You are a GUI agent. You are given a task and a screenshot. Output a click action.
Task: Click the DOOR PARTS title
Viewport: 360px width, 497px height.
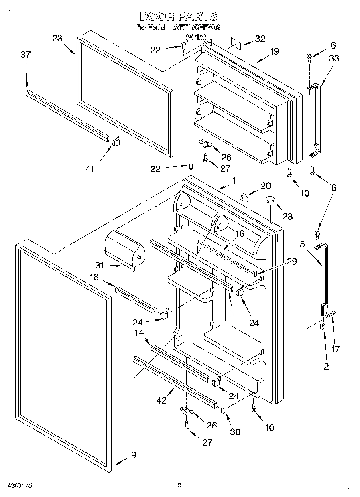pyautogui.click(x=179, y=16)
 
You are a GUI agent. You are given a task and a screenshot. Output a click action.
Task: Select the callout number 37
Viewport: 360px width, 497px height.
pyautogui.click(x=25, y=55)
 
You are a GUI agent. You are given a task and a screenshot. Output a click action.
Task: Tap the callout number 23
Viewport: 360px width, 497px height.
pyautogui.click(x=57, y=38)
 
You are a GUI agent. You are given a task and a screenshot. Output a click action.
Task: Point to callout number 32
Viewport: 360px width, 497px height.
pyautogui.click(x=260, y=39)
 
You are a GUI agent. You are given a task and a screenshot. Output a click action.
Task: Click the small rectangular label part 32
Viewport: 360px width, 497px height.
pyautogui.click(x=235, y=43)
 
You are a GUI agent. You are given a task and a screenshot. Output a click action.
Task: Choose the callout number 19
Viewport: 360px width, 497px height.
pyautogui.click(x=274, y=51)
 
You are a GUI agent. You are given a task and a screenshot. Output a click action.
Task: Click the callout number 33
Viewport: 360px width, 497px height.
pyautogui.click(x=334, y=59)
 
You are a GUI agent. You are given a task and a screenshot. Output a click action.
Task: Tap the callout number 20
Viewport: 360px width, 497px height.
pyautogui.click(x=266, y=186)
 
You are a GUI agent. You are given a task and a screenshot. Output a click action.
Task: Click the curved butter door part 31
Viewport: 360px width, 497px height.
pyautogui.click(x=124, y=248)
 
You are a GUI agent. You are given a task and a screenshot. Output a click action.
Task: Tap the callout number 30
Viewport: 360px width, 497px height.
pyautogui.click(x=235, y=432)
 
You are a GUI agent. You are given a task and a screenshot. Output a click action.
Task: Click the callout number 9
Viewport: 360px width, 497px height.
pyautogui.click(x=133, y=455)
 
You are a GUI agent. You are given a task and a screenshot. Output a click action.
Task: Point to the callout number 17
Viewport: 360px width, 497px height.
pyautogui.click(x=335, y=349)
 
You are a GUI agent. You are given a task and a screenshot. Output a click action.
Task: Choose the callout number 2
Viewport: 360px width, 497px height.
pyautogui.click(x=326, y=366)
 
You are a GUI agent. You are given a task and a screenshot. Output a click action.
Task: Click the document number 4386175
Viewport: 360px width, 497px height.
pyautogui.click(x=19, y=485)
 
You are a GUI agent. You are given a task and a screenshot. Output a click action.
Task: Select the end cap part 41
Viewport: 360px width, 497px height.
pyautogui.click(x=116, y=141)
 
